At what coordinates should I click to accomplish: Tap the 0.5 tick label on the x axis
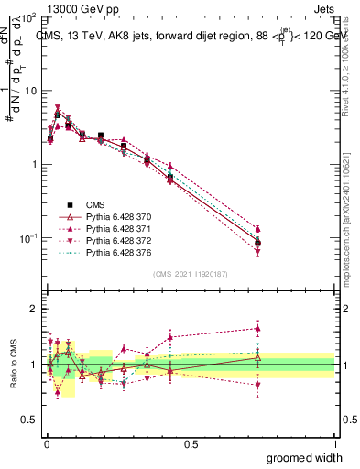point(191,442)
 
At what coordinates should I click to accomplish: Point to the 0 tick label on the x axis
point(46,442)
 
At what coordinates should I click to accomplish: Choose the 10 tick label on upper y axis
point(31,91)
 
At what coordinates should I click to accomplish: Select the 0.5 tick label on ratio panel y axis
point(32,420)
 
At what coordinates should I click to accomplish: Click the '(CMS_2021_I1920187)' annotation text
point(191,273)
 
